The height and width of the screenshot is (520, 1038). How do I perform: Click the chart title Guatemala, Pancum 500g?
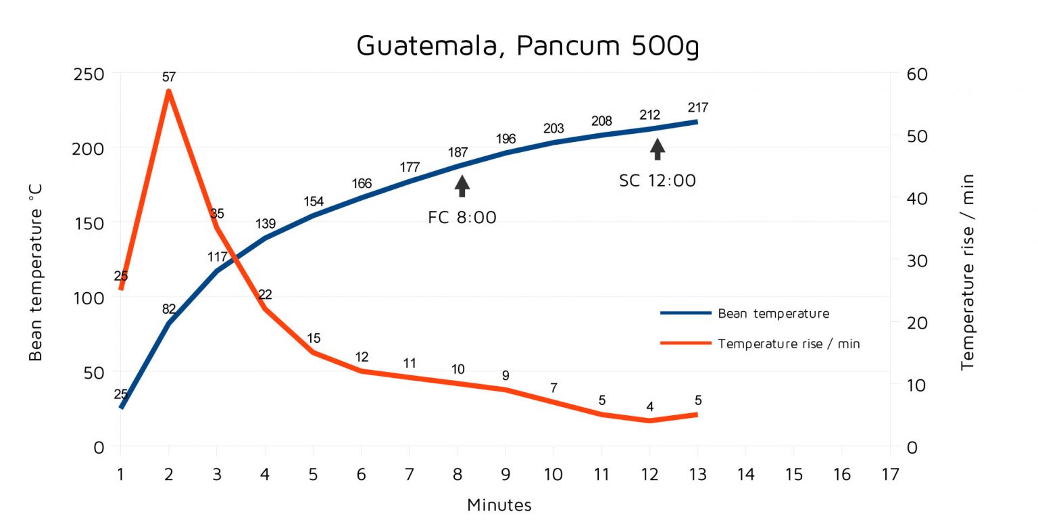pos(528,45)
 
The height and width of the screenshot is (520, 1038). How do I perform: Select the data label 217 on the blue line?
pos(697,107)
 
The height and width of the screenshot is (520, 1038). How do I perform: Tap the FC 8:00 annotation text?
pos(462,218)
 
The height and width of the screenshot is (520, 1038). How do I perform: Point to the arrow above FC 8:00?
pos(462,185)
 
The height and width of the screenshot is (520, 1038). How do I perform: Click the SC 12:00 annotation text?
pos(658,181)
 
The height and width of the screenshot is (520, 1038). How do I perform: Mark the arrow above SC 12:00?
pos(658,149)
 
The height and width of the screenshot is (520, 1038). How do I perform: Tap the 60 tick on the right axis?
pos(916,74)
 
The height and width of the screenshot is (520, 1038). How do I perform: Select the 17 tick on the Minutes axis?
pos(890,474)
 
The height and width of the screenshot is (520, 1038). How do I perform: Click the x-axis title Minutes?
pos(499,505)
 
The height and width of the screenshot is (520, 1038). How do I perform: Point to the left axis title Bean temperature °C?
pos(36,284)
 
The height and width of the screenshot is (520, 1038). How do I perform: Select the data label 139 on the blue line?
pos(265,223)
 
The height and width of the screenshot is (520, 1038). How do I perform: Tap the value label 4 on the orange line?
pos(649,406)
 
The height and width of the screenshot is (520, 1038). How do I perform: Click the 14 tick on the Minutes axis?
pos(745,474)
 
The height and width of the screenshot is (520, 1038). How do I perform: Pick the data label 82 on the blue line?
pos(169,308)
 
